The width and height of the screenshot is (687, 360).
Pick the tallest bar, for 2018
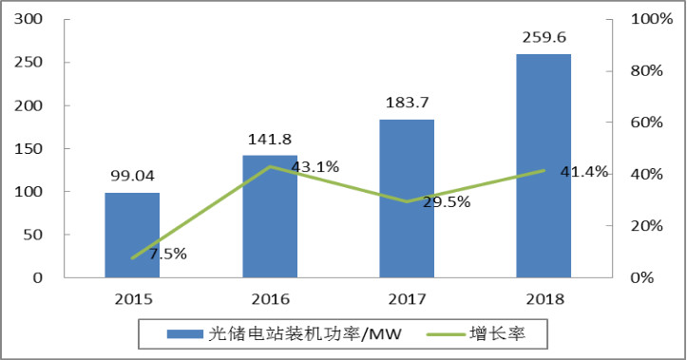point(544,165)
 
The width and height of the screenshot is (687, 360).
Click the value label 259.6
point(544,38)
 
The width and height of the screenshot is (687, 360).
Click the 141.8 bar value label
point(269,140)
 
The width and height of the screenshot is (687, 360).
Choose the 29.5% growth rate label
point(447,201)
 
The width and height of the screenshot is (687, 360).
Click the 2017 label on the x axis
point(406,298)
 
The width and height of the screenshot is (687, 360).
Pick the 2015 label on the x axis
point(132,298)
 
